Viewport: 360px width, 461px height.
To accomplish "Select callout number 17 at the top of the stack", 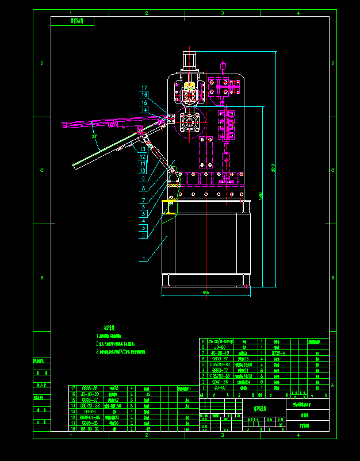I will pos(144,88).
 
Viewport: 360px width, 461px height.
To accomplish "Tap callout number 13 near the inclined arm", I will pos(143,149).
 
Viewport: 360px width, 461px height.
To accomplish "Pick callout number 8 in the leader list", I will pos(143,188).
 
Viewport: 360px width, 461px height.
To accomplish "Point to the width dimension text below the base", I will pos(205,293).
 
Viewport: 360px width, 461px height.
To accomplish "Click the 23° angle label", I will pos(94,137).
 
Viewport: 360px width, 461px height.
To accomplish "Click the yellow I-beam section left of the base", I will pos(169,207).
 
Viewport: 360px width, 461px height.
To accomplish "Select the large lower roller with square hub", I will pos(189,123).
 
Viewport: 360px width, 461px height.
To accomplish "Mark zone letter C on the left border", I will pos(41,170).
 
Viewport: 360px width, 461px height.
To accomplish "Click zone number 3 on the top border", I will pos(222,13).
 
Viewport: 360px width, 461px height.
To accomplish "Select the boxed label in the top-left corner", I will pos(72,21).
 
